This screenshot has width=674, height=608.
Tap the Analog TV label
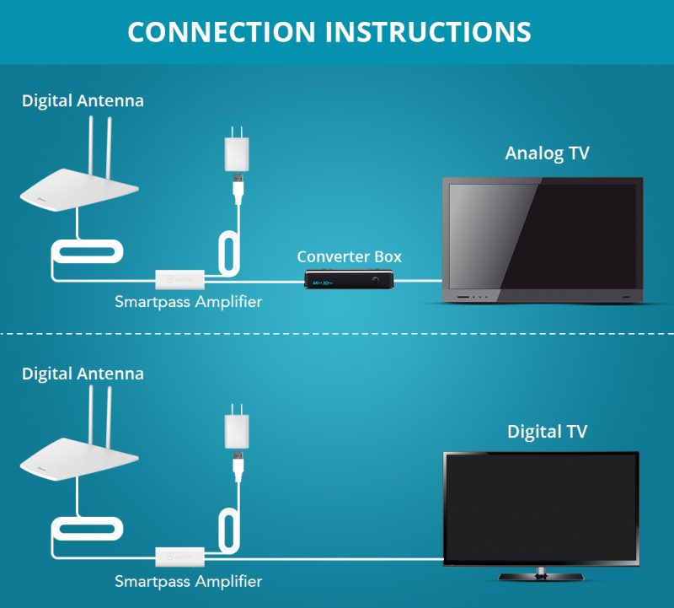point(547,153)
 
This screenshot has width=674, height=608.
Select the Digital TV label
point(547,432)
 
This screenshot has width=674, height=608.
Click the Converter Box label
point(349,256)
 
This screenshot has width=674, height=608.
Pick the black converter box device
point(349,278)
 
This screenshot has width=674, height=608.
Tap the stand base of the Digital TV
point(541,576)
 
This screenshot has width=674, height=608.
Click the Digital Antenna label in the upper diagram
point(83,100)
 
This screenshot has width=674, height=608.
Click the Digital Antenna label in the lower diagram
point(83,373)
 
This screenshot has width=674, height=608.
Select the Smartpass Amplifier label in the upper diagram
point(188,301)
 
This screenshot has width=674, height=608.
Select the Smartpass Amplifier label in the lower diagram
point(188,581)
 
